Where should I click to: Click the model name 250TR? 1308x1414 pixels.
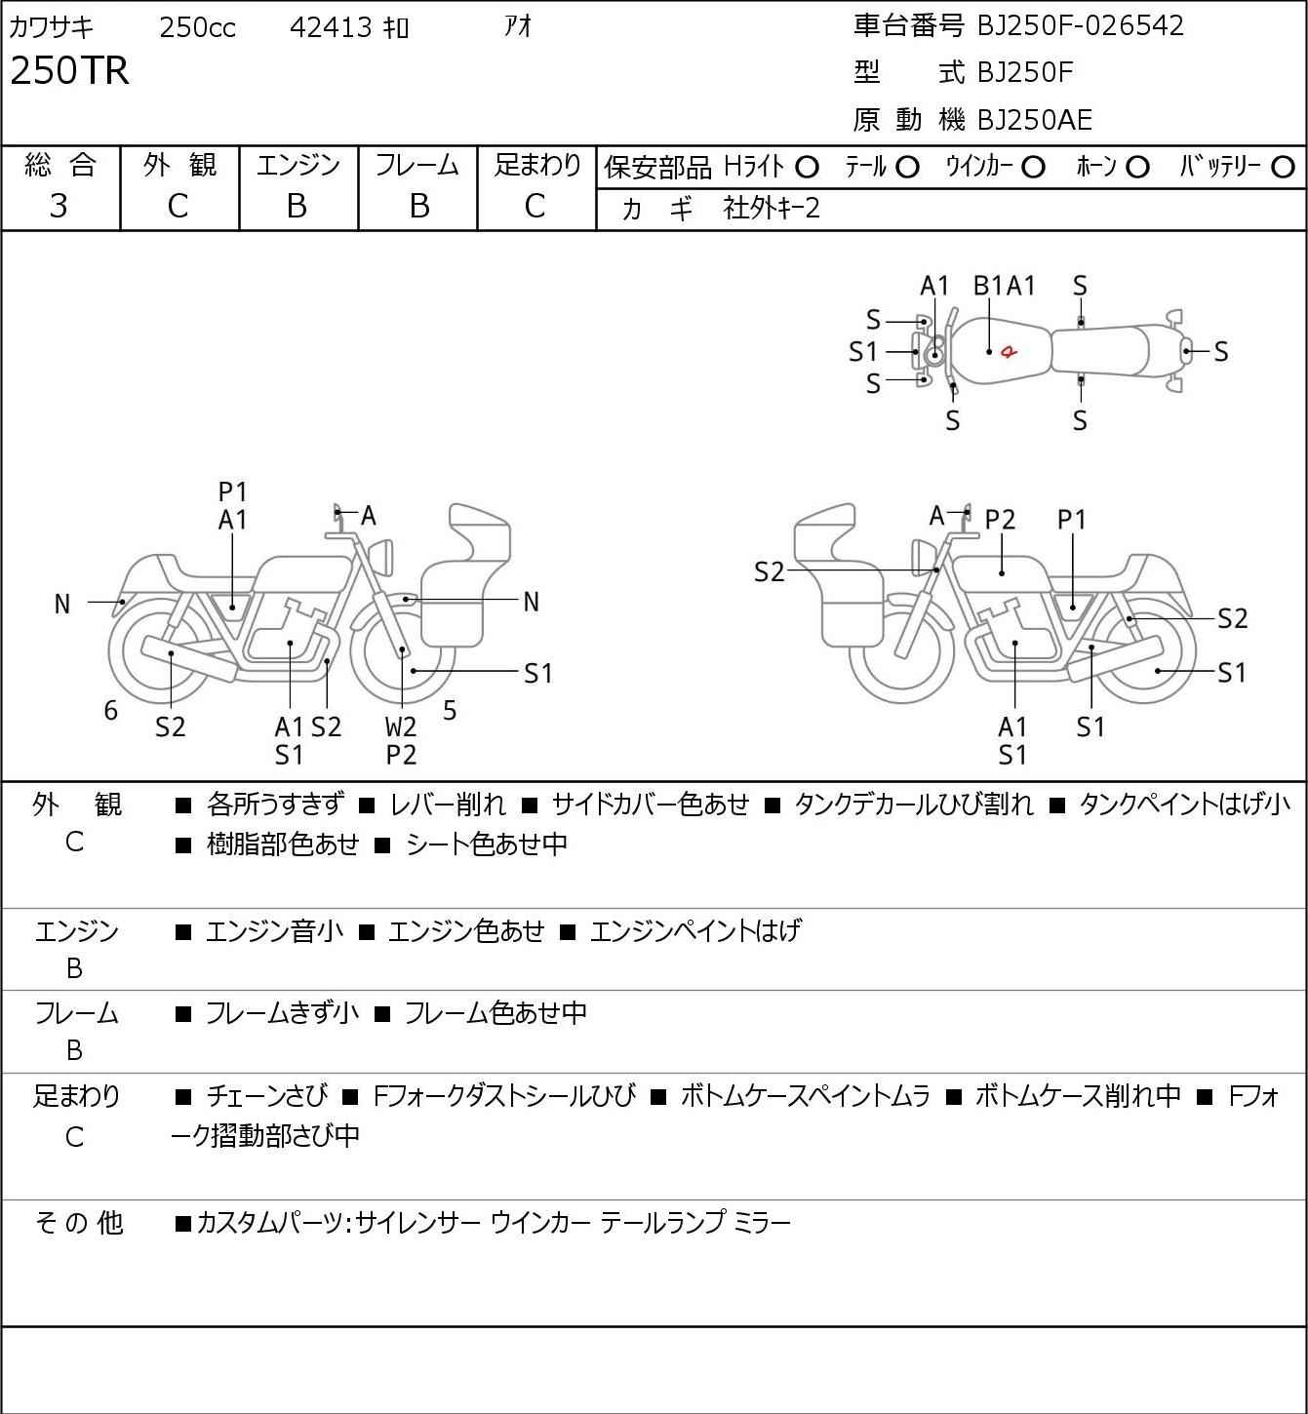coord(69,70)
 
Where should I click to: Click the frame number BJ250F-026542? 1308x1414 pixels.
coord(1080,25)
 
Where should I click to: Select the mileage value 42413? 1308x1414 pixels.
coord(331,27)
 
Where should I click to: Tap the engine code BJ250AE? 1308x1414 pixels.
coord(1035,120)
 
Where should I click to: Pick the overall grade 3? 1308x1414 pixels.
coord(59,206)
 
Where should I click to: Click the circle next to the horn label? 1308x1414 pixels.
coord(1137,168)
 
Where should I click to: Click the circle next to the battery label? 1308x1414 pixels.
coord(1283,168)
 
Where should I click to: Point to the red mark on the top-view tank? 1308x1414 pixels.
coord(1009,350)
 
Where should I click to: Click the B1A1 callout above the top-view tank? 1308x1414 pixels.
coord(1004,286)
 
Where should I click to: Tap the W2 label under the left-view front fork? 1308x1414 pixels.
coord(400,727)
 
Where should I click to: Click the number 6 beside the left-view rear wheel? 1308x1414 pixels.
coord(110,710)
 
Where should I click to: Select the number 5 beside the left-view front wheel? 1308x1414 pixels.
coord(450,710)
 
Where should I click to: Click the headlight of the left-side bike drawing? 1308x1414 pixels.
coord(382,558)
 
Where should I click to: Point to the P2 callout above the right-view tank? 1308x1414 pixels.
coord(1000,520)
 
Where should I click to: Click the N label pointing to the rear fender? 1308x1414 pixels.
coord(62,605)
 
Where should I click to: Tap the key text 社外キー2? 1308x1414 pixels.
coord(772,209)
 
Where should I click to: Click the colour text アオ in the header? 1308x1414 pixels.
coord(518,26)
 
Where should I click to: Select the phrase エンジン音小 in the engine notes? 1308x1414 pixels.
coord(274,931)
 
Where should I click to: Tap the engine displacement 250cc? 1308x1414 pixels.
coord(197,27)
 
